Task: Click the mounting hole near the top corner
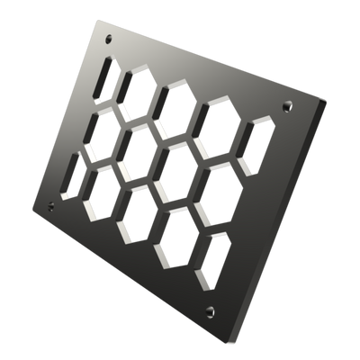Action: click(110, 39)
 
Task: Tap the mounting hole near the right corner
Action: click(288, 106)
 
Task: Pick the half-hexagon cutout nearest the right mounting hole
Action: click(258, 138)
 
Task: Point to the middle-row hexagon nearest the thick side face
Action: click(213, 184)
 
